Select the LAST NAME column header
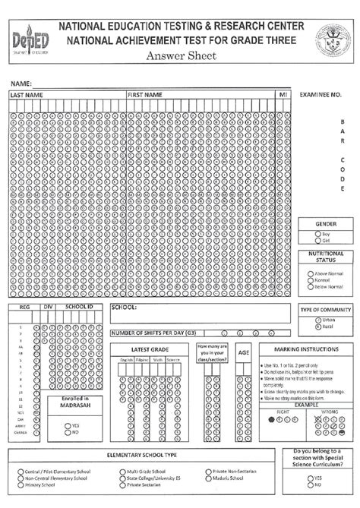(27, 95)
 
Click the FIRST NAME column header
(145, 95)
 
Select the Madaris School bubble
(207, 478)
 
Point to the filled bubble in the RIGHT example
(272, 418)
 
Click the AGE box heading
(243, 353)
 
